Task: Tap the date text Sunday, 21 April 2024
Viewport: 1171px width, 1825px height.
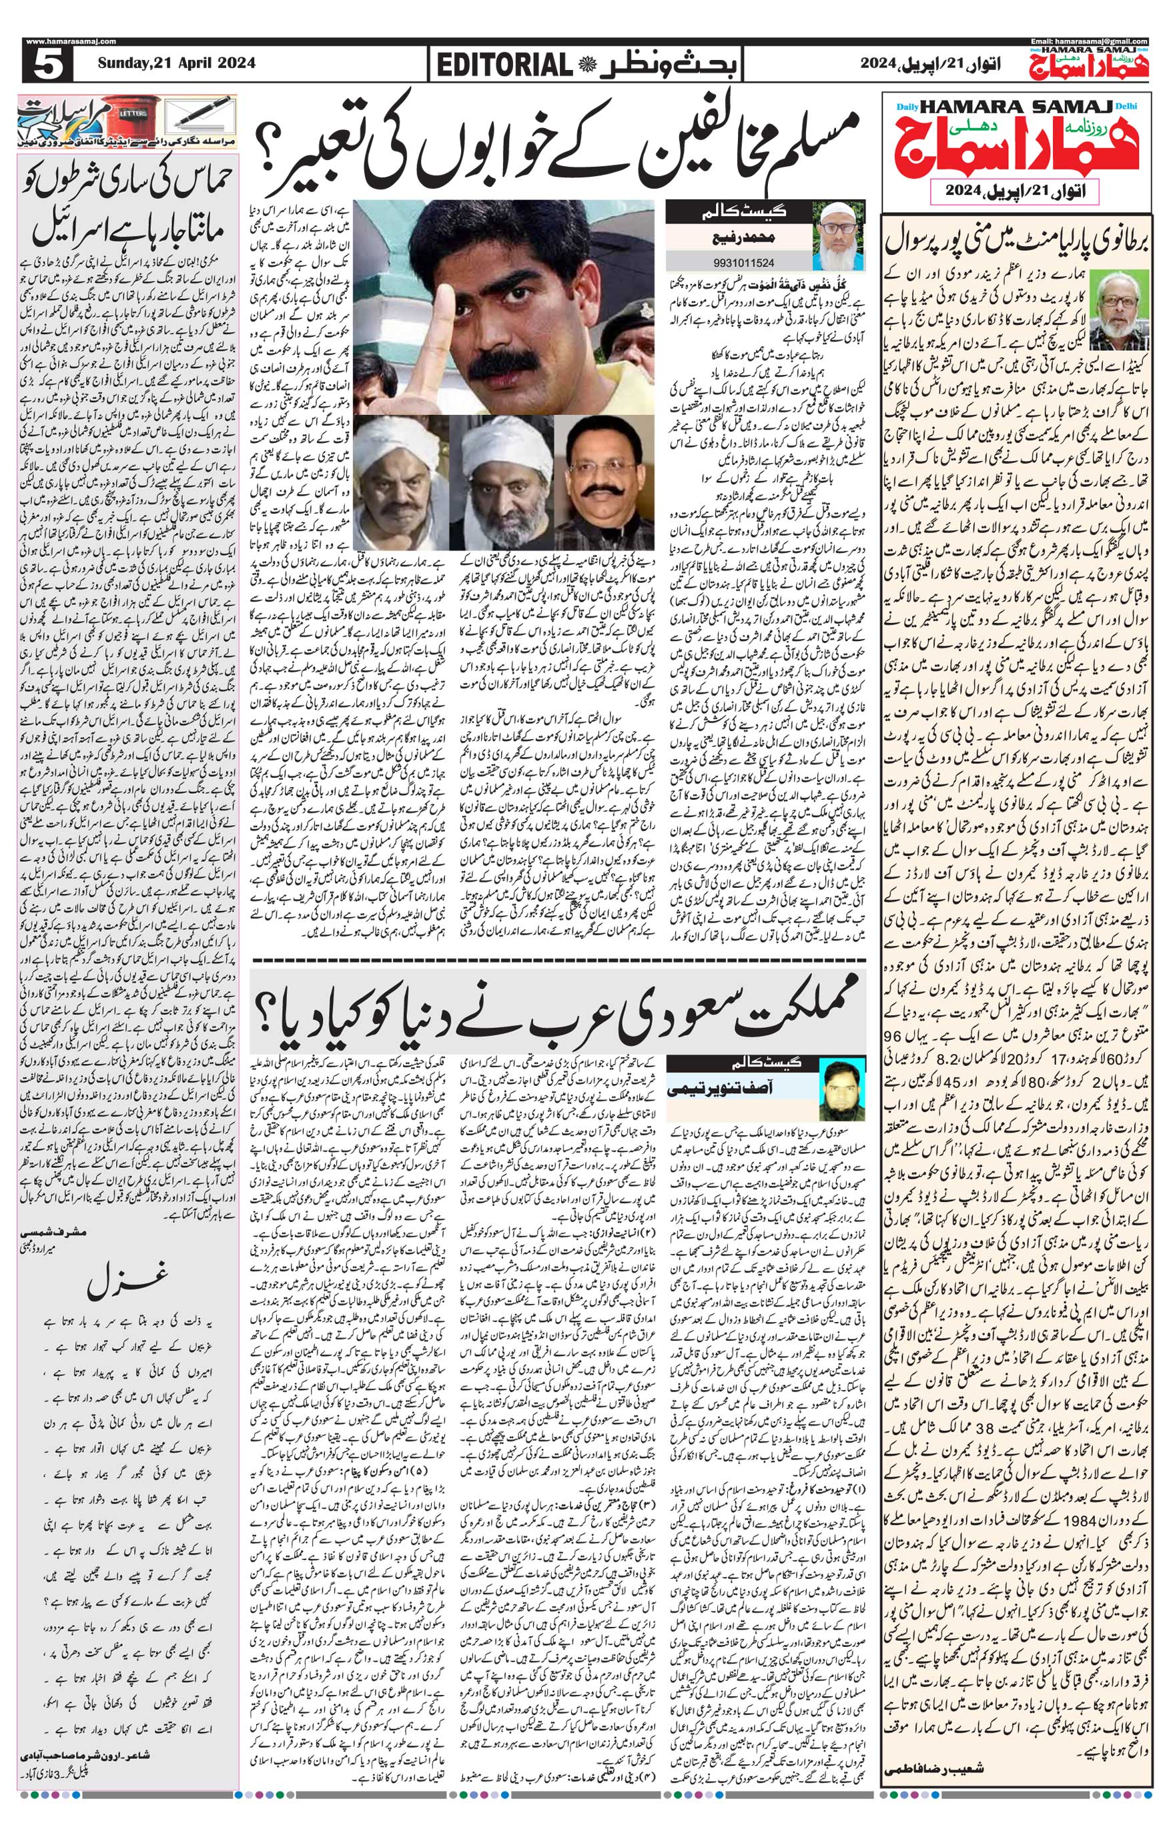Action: (176, 64)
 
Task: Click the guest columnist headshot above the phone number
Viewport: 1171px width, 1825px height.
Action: (839, 235)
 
